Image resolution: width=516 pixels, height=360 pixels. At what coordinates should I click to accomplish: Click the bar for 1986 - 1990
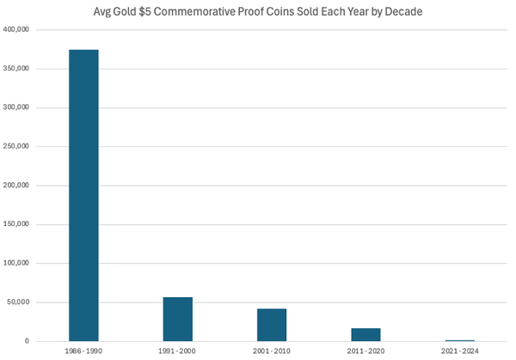(83, 196)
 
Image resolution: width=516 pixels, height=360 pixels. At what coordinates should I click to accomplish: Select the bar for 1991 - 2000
(177, 320)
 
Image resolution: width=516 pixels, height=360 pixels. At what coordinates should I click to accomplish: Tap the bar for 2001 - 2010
(272, 325)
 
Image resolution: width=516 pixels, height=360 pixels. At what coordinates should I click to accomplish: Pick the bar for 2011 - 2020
(365, 334)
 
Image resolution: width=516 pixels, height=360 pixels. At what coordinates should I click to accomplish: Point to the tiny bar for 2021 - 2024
(459, 340)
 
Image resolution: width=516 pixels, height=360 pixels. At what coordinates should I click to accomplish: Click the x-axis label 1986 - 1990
(83, 352)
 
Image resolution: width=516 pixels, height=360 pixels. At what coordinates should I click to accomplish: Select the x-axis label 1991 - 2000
(177, 352)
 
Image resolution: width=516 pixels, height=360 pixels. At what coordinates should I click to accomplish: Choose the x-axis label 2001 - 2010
(272, 352)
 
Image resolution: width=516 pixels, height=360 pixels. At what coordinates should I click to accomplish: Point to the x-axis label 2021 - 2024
(459, 352)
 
